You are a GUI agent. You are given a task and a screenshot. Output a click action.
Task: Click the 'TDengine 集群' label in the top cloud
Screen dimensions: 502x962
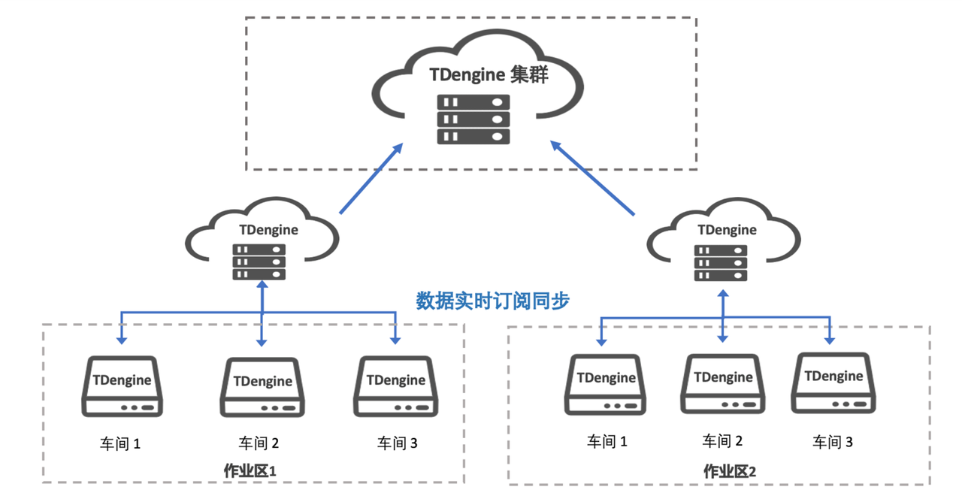(x=489, y=74)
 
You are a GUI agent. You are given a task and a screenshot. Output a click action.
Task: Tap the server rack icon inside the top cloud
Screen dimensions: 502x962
(x=473, y=119)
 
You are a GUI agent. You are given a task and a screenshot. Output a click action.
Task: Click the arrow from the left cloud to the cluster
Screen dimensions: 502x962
(x=370, y=181)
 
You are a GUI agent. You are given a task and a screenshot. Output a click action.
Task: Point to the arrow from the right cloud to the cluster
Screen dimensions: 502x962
(x=593, y=178)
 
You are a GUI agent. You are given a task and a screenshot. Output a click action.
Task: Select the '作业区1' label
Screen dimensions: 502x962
(x=251, y=471)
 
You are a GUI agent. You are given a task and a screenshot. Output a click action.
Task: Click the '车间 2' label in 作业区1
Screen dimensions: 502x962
(x=259, y=443)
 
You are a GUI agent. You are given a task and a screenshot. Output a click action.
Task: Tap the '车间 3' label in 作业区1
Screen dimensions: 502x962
(x=397, y=443)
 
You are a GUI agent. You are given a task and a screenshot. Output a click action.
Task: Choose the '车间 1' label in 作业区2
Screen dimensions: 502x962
(x=607, y=441)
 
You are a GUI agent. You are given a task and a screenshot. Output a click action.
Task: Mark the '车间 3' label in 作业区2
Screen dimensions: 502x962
(x=833, y=442)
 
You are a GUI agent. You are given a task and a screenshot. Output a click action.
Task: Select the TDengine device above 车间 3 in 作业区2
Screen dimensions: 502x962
(x=833, y=383)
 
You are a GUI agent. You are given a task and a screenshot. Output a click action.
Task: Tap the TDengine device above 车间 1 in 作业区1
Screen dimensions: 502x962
(x=122, y=386)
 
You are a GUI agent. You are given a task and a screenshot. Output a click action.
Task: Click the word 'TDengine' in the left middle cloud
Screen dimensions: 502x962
(x=268, y=230)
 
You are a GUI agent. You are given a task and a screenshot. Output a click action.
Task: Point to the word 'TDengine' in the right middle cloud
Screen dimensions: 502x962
(x=727, y=229)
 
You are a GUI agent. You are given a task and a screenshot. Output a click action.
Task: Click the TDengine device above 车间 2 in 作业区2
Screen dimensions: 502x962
(x=723, y=383)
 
